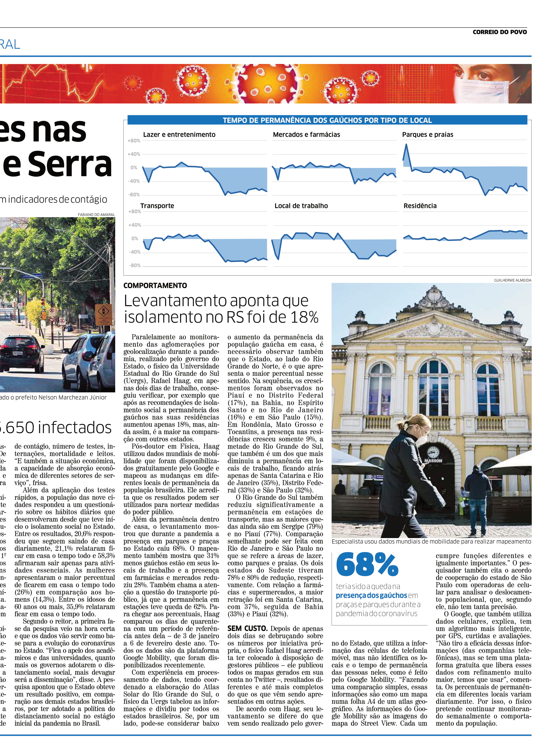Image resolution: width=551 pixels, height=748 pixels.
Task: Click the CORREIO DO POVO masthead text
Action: click(499, 32)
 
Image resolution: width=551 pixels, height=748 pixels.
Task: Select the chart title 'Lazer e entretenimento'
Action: click(179, 134)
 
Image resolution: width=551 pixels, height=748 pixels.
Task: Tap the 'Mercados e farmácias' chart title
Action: click(306, 134)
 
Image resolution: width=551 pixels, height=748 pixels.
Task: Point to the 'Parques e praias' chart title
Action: click(427, 134)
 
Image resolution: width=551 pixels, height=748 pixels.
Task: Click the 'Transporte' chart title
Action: click(157, 206)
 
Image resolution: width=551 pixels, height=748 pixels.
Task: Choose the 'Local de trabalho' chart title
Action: click(301, 206)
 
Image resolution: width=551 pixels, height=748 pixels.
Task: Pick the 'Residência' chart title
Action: click(420, 206)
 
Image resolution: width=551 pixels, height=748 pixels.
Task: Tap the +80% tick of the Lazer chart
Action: click(134, 141)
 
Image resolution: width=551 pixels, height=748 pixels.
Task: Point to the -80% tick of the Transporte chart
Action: click(134, 265)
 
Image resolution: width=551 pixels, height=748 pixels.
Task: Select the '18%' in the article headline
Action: click(304, 317)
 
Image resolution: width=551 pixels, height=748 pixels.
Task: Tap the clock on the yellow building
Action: click(433, 452)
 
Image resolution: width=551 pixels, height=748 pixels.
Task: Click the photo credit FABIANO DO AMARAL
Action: click(96, 214)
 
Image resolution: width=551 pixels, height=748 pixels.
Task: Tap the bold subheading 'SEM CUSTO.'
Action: click(247, 628)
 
